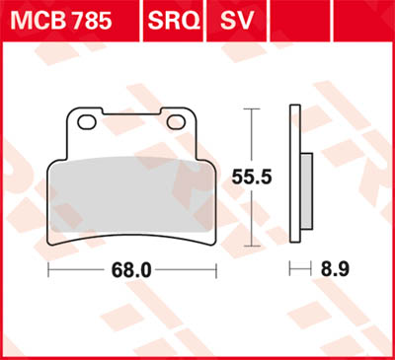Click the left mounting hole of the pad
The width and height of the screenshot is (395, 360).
click(x=86, y=121)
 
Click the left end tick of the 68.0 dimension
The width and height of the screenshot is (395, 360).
click(x=48, y=269)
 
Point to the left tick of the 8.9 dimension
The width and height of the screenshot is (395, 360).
click(x=291, y=269)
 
